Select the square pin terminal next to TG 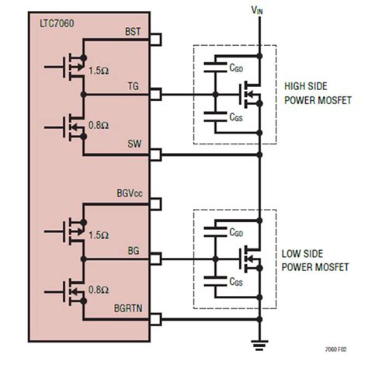point(155,96)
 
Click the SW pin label point(134,145)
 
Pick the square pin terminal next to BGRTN point(155,318)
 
